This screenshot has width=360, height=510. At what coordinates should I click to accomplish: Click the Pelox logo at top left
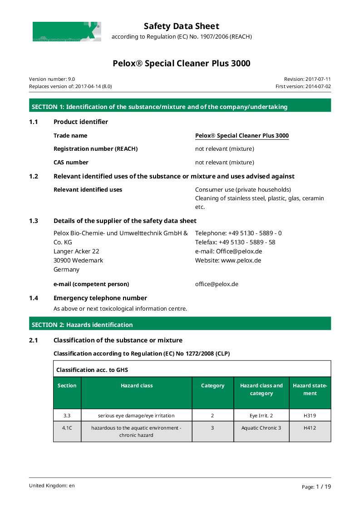pos(66,32)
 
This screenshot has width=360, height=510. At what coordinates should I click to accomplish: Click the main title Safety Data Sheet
pos(181,26)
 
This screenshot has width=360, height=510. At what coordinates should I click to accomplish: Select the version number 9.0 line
pos(52,79)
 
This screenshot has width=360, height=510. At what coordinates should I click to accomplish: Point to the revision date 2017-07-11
pos(307,79)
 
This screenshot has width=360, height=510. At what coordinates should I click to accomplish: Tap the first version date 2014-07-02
pos(303,86)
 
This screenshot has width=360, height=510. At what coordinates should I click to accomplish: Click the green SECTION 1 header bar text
pos(159,107)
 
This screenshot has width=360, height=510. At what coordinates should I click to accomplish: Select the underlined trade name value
pos(242,136)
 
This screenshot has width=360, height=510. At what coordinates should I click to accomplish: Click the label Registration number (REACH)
pos(95,149)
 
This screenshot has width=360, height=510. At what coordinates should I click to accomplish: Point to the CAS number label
pos(71,163)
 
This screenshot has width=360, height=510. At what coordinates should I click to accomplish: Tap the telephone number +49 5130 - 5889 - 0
pos(238,233)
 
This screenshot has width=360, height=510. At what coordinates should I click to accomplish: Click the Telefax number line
pos(235,242)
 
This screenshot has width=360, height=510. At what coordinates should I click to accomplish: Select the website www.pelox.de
pos(228,260)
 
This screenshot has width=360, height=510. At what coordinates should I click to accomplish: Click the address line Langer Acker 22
pos(76,251)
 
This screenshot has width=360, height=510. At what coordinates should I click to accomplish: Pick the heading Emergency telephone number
pos(100,298)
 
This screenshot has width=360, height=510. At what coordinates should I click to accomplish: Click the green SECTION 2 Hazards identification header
pos(82,325)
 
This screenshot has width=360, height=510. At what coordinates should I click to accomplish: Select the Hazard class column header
pos(137,386)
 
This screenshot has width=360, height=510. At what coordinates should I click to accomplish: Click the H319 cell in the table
pos(310,416)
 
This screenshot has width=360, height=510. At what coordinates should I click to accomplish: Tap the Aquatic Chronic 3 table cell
pos(261,428)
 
